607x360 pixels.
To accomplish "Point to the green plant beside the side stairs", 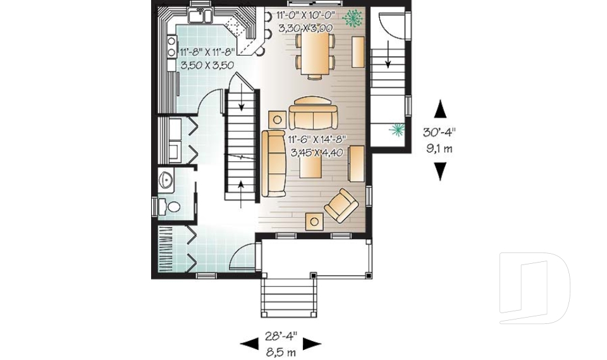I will pos(397,130).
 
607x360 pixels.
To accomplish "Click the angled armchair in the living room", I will pos(340,206).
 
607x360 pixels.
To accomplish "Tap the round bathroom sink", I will pos(166,180).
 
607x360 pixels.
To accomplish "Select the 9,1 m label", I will pos(440,150).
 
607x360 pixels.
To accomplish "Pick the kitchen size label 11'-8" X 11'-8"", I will pos(207,53).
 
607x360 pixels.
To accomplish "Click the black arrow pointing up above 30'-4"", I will pos(441,109).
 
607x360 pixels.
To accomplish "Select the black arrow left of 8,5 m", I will pos(249,344).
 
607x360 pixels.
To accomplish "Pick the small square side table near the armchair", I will pos(314,221).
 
